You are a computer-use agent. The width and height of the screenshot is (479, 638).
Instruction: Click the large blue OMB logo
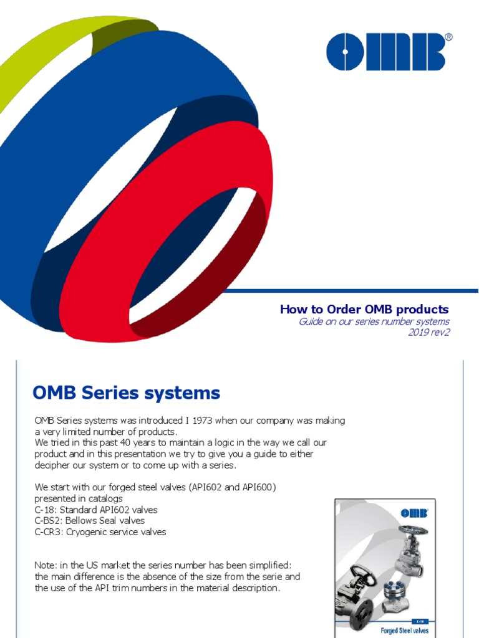coord(385,52)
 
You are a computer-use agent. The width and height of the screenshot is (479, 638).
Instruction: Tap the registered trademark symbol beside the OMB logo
coord(448,38)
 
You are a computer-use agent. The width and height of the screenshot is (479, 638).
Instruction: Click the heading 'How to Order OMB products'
coord(364,310)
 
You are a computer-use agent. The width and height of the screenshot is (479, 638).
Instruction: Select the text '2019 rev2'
coord(428,332)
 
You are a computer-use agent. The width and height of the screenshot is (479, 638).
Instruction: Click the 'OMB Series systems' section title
coord(126,393)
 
